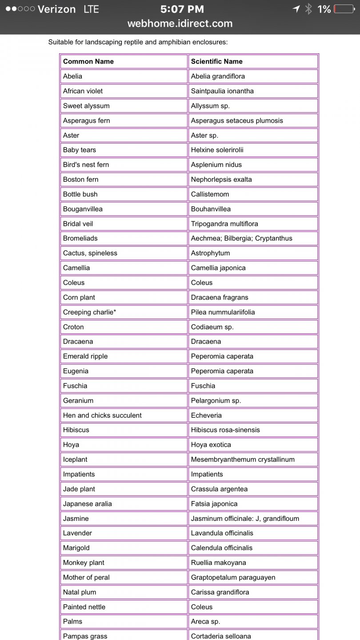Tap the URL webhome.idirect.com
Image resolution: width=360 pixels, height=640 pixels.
180,24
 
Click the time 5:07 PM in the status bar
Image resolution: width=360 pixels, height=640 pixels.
182,9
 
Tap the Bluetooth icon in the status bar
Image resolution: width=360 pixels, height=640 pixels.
308,9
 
